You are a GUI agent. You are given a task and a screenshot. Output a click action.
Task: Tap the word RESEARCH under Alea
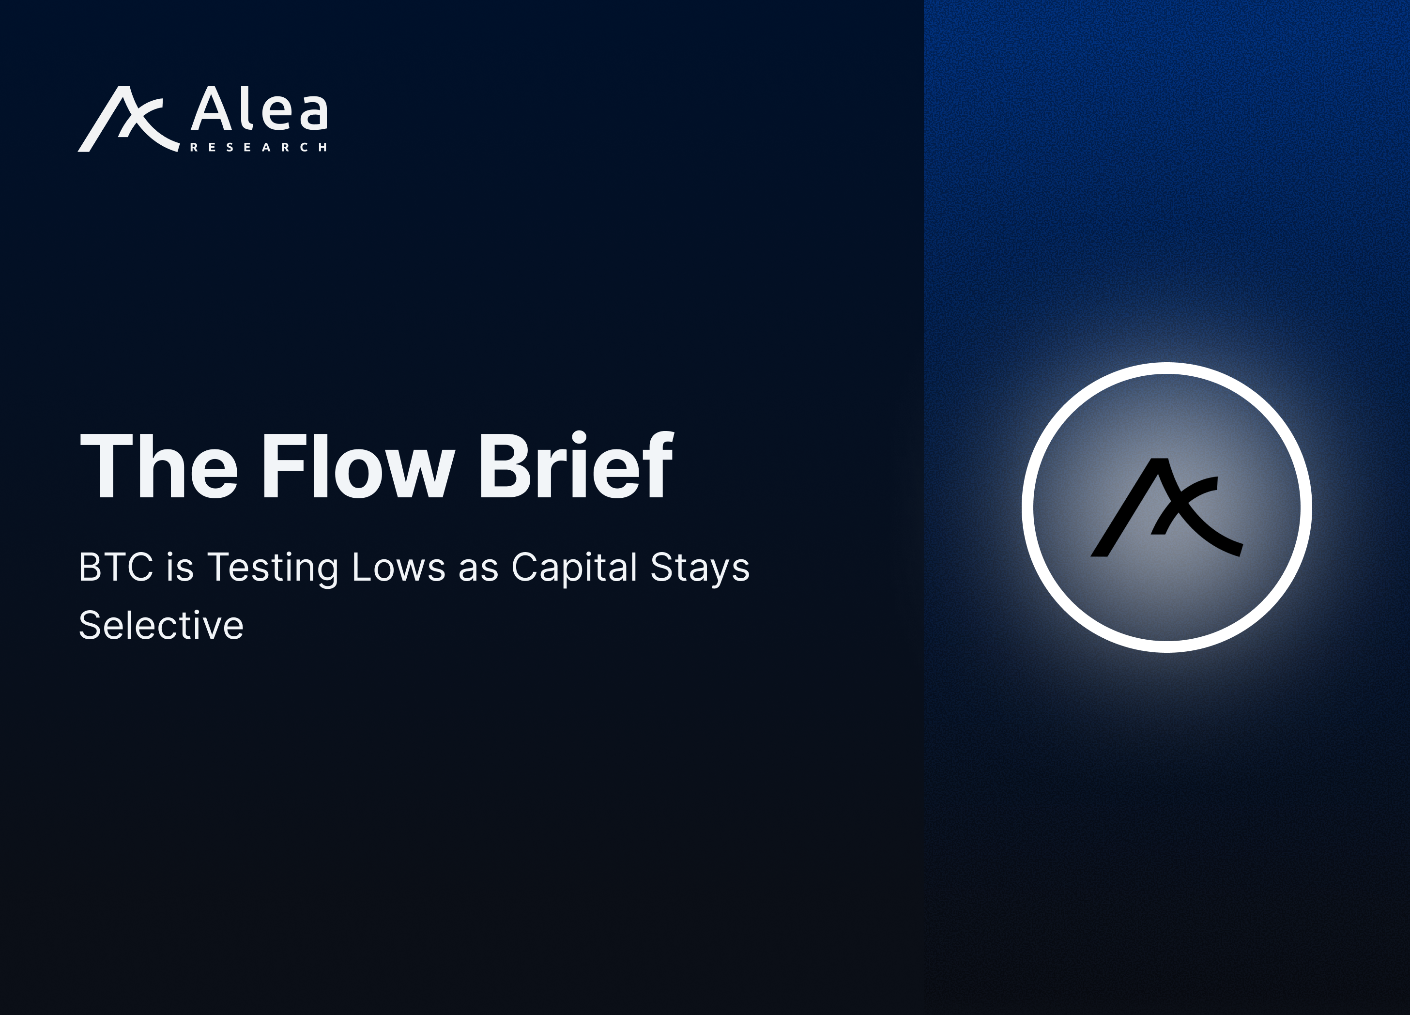coord(258,147)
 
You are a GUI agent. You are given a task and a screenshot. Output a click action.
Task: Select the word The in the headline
coord(158,465)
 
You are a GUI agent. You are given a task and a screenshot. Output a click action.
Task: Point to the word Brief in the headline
coord(575,465)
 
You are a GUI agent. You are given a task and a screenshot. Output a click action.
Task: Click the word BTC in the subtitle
coord(116,567)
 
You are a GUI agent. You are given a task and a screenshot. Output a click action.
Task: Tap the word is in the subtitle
coord(180,567)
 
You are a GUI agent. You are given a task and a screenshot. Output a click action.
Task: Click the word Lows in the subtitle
coord(398,567)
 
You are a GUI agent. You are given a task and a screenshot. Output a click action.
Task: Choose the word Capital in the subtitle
coord(574,569)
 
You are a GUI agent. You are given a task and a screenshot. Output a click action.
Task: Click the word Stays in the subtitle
coord(700,569)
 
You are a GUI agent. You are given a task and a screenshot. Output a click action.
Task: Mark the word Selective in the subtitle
coord(161,625)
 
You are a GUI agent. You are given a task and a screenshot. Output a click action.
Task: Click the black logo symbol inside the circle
coord(1166,507)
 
